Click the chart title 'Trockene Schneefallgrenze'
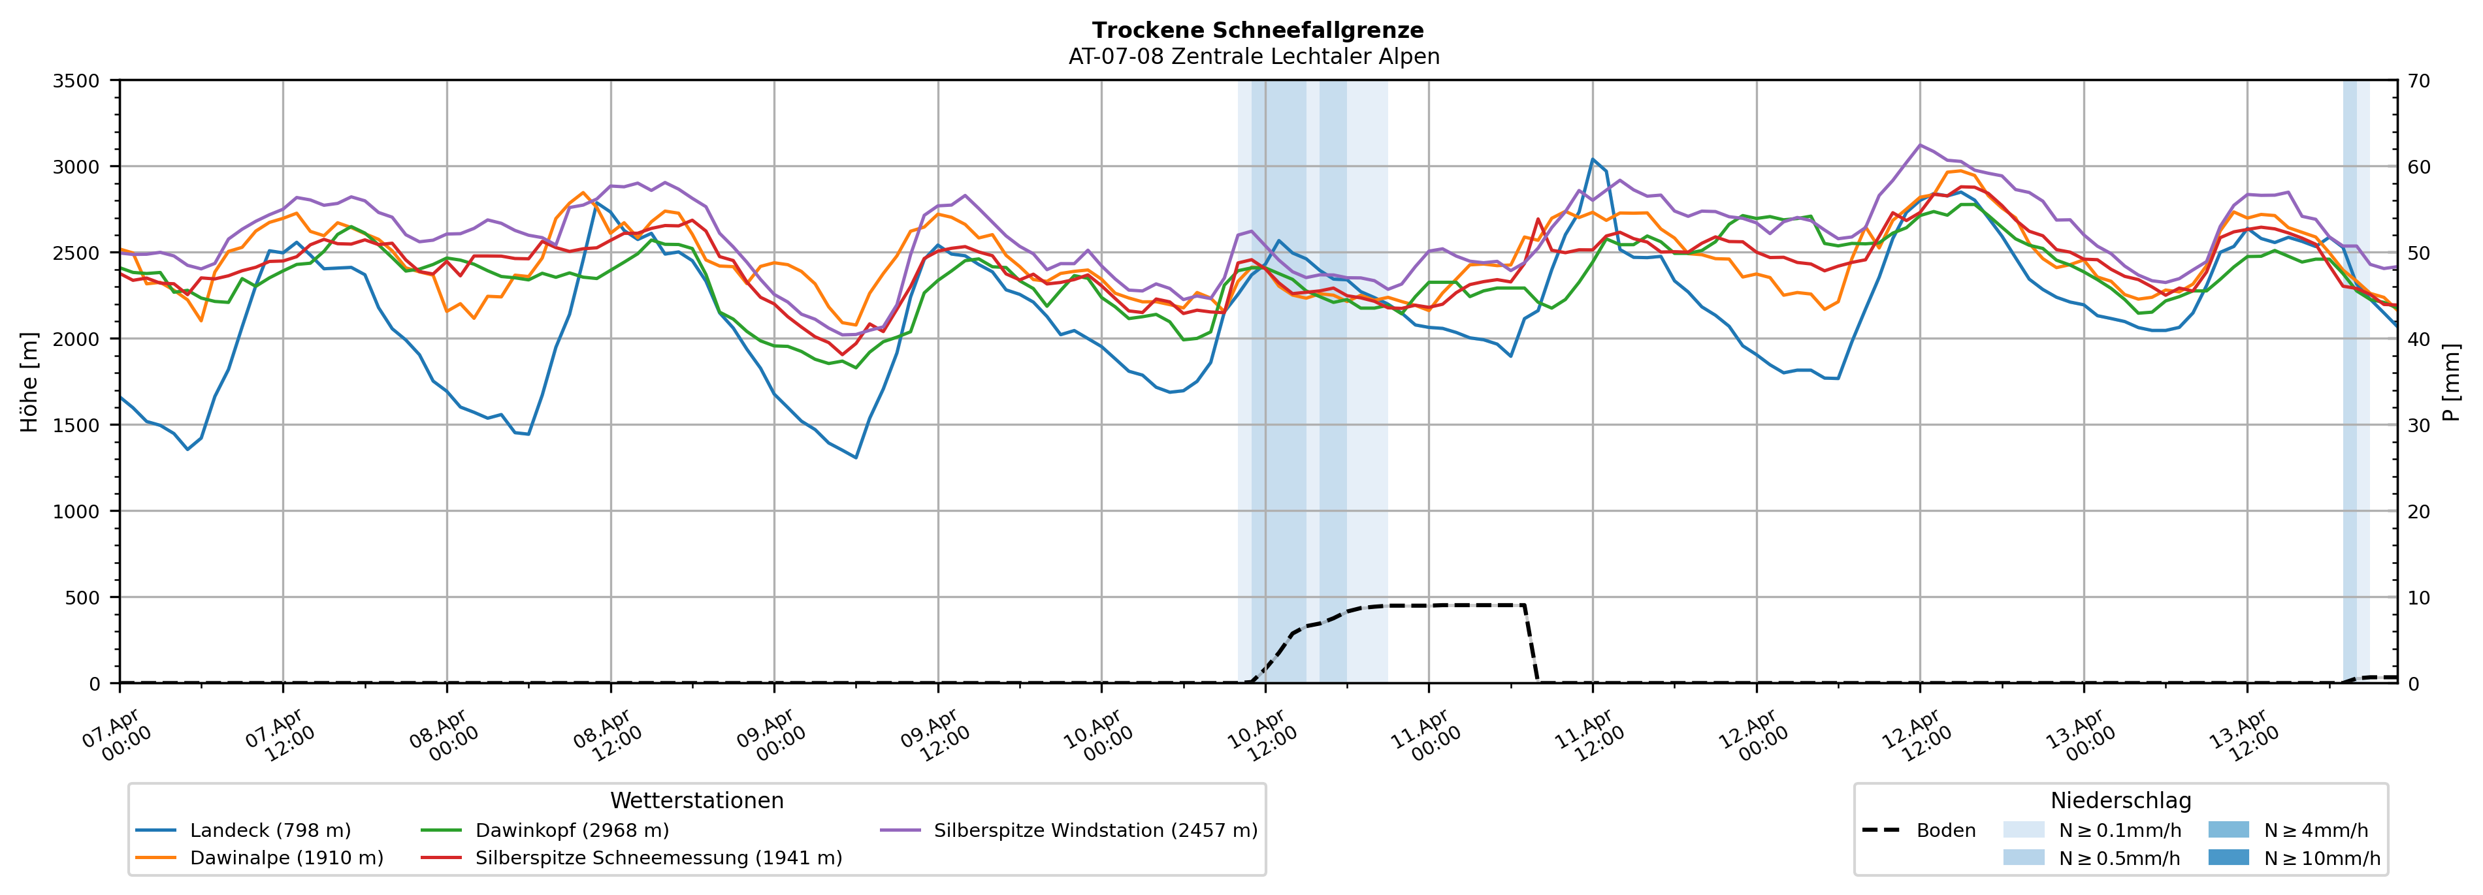pos(1257,31)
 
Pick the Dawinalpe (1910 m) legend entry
pos(286,857)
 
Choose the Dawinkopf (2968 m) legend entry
pos(572,830)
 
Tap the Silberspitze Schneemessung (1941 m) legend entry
pos(658,857)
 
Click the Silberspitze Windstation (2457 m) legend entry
pos(1095,830)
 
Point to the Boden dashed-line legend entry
pos(1945,830)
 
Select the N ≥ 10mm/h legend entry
pos(2321,857)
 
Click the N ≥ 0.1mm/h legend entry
pos(2118,830)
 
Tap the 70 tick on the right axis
pos(2418,81)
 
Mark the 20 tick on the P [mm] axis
pos(2418,512)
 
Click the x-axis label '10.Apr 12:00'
pos(1261,737)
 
